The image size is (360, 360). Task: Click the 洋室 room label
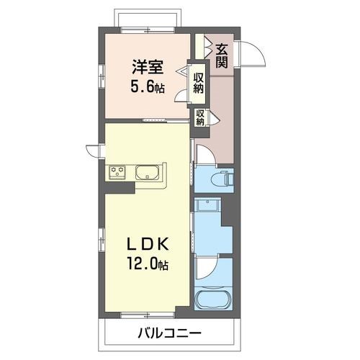[x=146, y=68]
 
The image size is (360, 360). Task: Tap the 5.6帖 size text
[x=147, y=88]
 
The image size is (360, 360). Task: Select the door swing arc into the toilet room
[x=204, y=154]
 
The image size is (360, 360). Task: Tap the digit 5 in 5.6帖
[x=135, y=88]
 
